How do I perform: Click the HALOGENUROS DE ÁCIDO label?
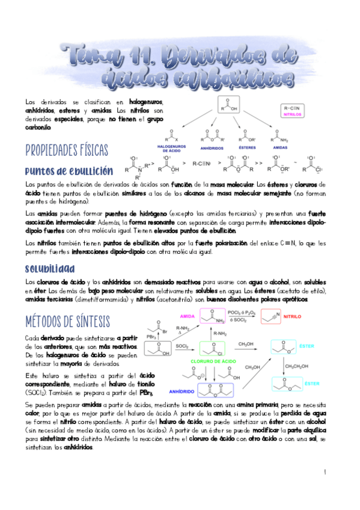click(x=172, y=147)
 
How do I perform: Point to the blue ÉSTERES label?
click(x=248, y=147)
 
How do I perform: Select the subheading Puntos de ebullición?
click(x=69, y=171)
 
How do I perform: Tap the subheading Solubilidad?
click(x=50, y=268)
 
